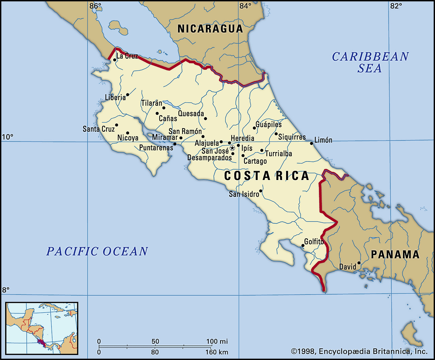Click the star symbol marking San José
(232, 148)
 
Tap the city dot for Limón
(311, 143)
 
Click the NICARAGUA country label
(210, 29)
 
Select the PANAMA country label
(395, 254)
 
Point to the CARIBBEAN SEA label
(370, 62)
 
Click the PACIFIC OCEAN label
(97, 251)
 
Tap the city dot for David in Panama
(359, 263)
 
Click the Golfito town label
(314, 241)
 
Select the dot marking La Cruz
(115, 60)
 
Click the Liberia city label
(115, 97)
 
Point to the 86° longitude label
(95, 6)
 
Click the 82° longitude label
(396, 6)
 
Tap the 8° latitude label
(6, 290)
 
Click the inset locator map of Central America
(42, 328)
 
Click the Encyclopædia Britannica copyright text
(359, 351)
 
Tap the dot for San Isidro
(261, 191)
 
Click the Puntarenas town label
(156, 148)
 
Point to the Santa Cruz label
(99, 129)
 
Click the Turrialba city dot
(262, 150)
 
